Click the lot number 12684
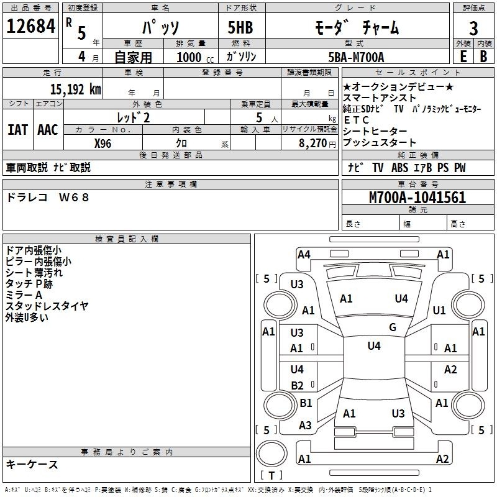[x=30, y=26]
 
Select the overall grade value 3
[x=473, y=29]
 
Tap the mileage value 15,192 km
[x=75, y=89]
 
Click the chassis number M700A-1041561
[x=417, y=198]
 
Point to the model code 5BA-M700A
[x=356, y=57]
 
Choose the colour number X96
[x=103, y=144]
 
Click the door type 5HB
[x=240, y=27]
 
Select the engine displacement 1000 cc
[x=195, y=57]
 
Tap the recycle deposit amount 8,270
[x=312, y=144]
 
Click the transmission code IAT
[x=18, y=130]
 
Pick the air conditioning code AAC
[x=48, y=130]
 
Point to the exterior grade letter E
[x=463, y=57]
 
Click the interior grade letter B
[x=483, y=57]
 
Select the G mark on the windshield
[x=393, y=327]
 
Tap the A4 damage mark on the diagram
[x=304, y=255]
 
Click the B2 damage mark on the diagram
[x=297, y=385]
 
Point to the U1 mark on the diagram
[x=439, y=310]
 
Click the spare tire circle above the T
[x=271, y=454]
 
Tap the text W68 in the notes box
[x=74, y=198]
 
